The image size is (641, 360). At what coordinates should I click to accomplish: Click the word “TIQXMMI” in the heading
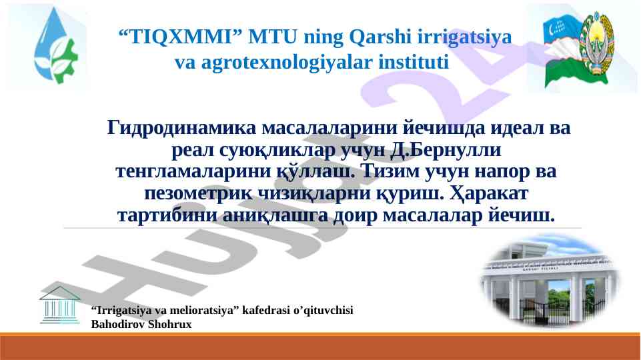(x=180, y=37)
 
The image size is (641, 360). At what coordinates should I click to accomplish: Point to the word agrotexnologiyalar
(x=287, y=63)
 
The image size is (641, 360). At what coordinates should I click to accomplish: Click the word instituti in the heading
(x=414, y=62)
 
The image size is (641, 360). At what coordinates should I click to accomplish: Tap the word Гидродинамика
(x=181, y=127)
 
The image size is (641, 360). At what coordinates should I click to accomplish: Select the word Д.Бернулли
(x=446, y=149)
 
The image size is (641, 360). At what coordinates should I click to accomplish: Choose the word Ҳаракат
(x=489, y=193)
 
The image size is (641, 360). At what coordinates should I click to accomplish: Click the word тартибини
(x=167, y=215)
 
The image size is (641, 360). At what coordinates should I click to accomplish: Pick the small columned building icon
(x=59, y=305)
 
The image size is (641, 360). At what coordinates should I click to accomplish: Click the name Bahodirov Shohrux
(x=141, y=324)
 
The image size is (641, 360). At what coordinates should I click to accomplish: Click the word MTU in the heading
(x=273, y=37)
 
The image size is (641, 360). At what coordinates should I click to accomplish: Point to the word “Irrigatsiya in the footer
(x=119, y=311)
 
